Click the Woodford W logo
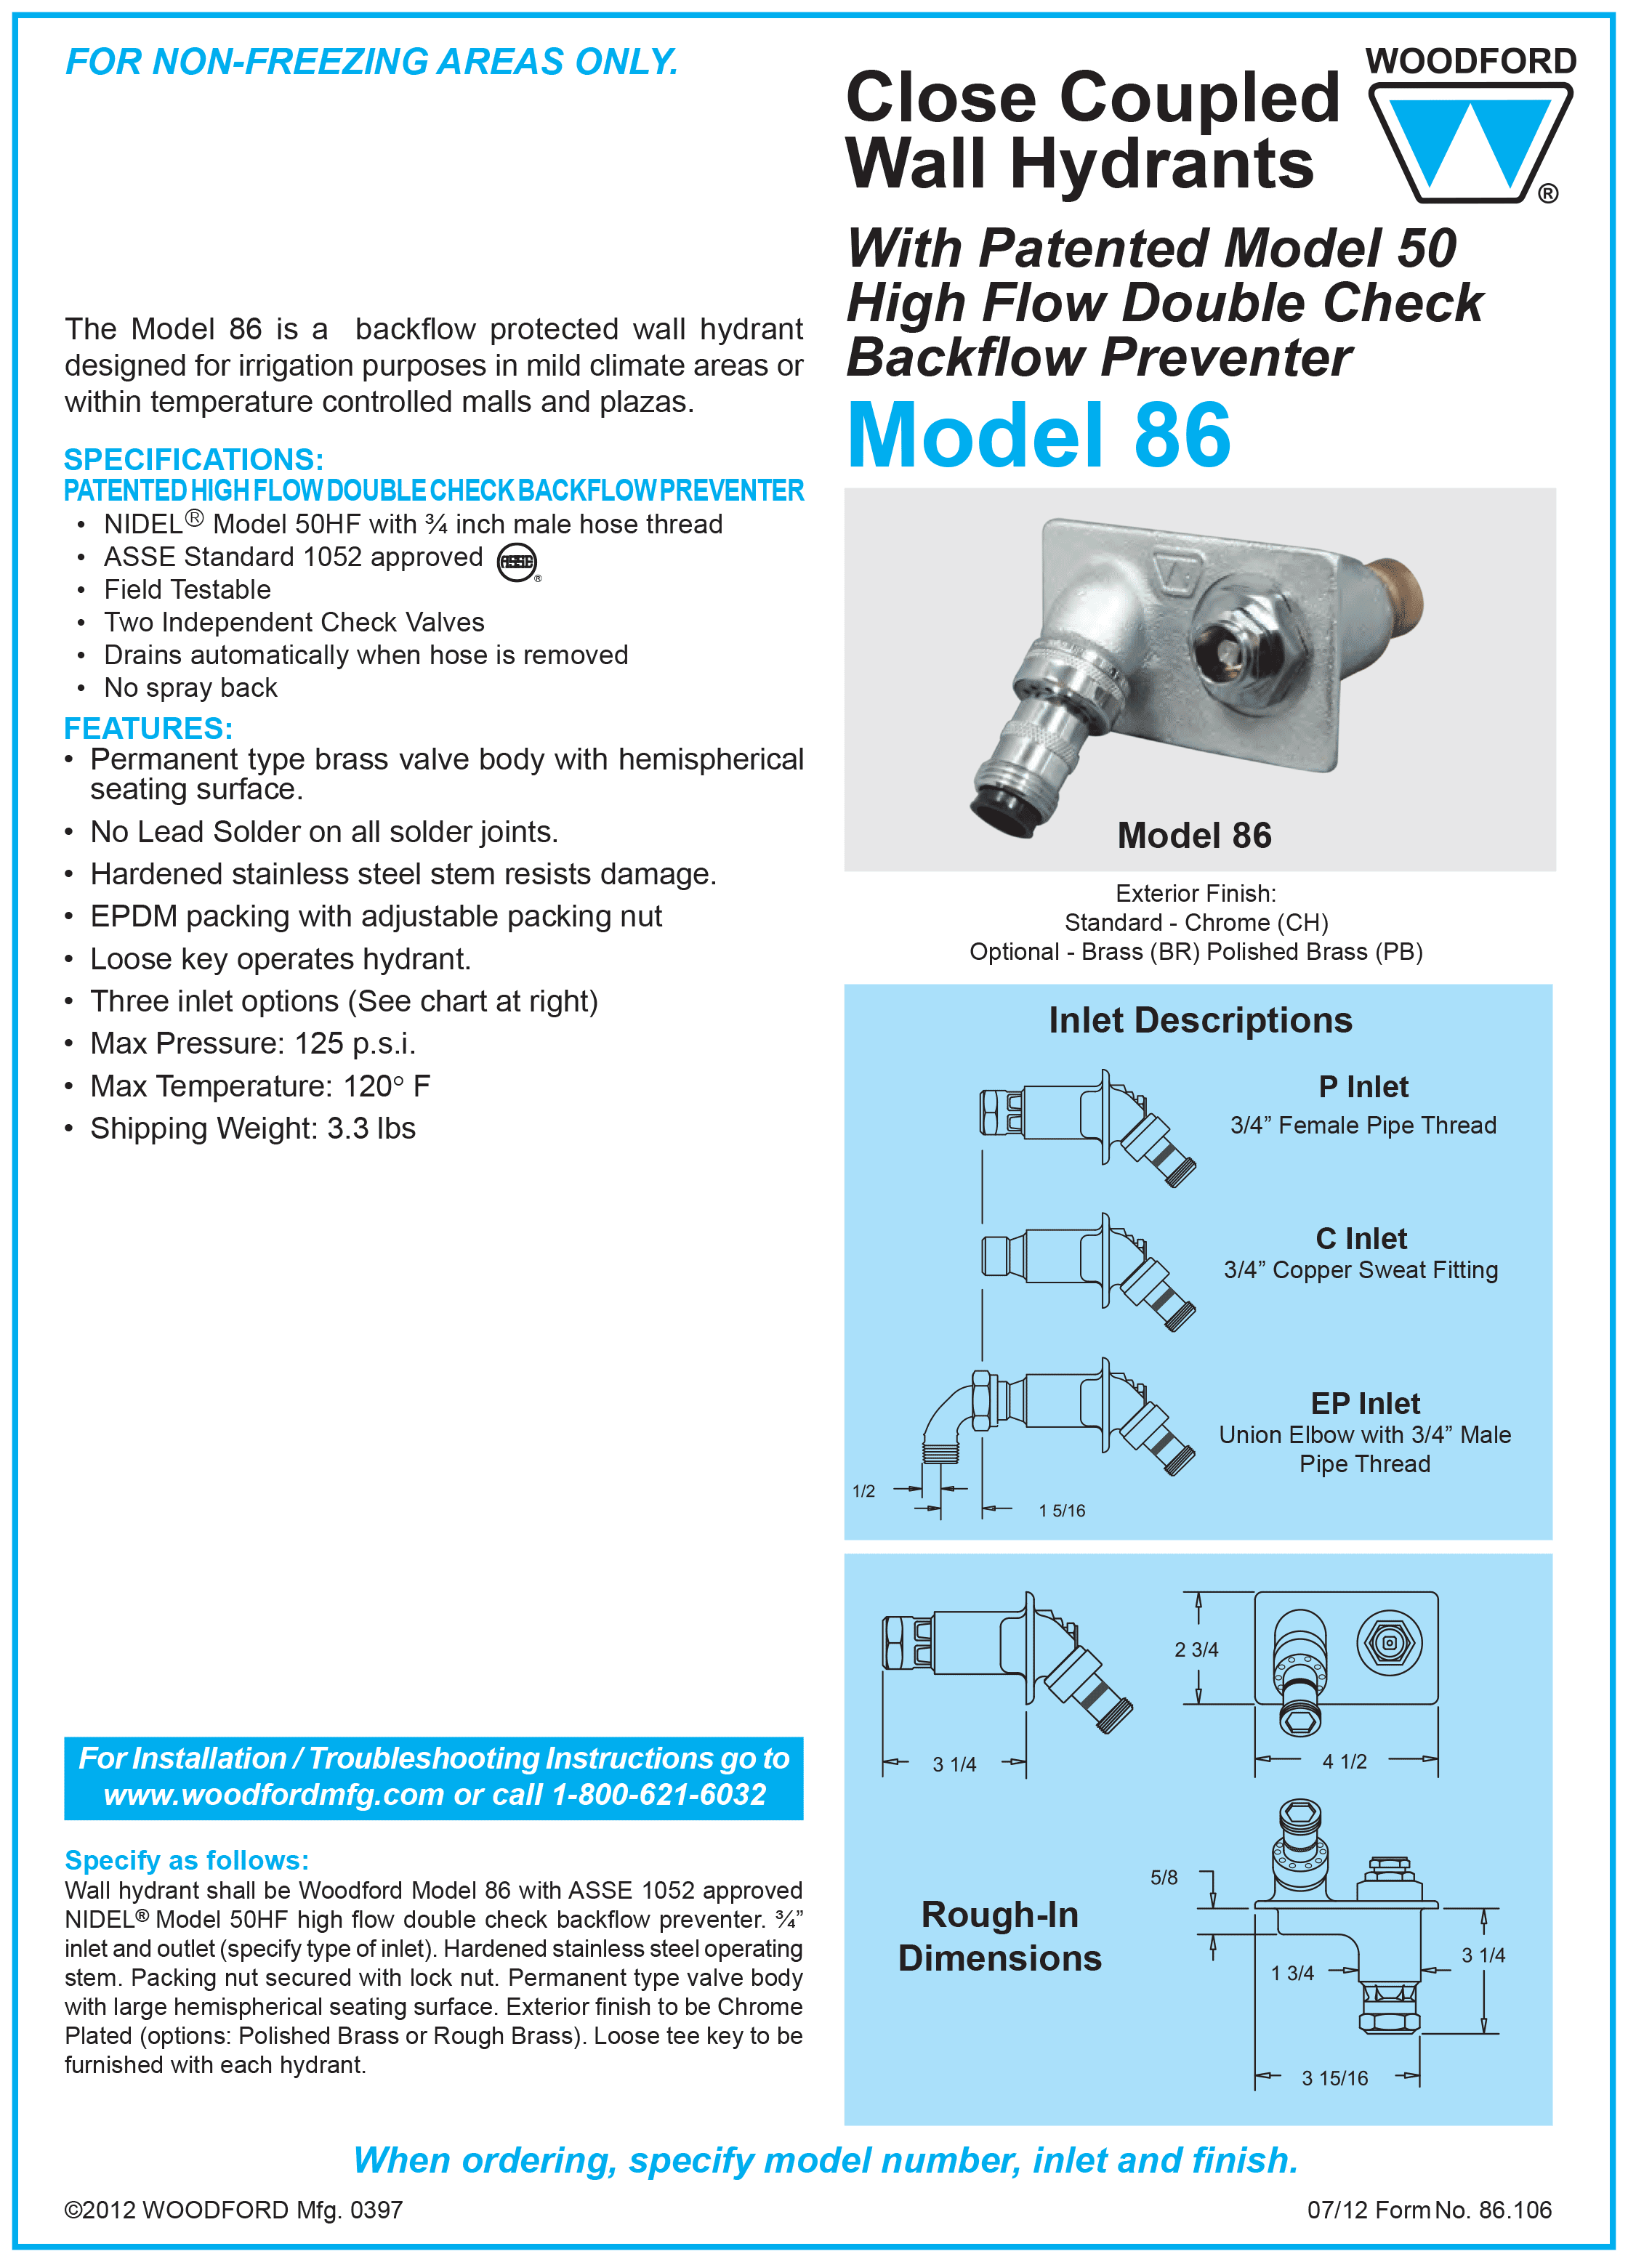click(x=1470, y=140)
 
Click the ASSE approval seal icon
click(x=517, y=562)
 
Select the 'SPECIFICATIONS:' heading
click(x=193, y=460)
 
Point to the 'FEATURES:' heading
click(x=148, y=728)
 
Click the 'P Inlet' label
click(x=1363, y=1086)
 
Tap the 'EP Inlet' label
click(x=1365, y=1403)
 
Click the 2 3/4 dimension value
click(x=1196, y=1649)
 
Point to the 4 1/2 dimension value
click(x=1344, y=1761)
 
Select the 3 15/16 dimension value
click(x=1334, y=2078)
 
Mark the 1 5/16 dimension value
click(x=1061, y=1510)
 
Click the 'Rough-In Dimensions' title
click(x=999, y=1936)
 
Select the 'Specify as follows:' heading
click(x=187, y=1860)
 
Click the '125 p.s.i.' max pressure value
click(x=354, y=1043)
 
